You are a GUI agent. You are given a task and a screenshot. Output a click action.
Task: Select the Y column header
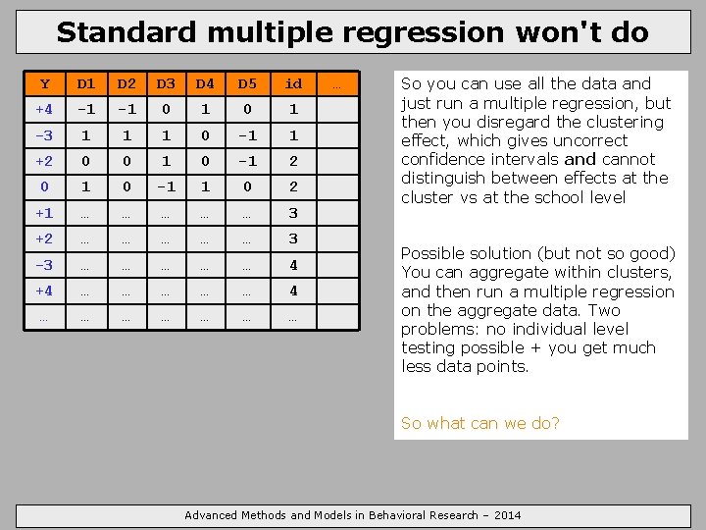43,84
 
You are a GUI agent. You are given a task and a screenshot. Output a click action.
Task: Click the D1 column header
86,84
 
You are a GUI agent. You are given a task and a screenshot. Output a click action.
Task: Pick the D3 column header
166,84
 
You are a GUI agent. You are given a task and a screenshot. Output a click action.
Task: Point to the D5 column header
246,84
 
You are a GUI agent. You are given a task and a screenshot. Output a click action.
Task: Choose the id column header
293,84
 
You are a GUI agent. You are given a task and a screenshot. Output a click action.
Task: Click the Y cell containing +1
43,213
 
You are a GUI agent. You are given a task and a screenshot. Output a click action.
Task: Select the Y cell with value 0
43,186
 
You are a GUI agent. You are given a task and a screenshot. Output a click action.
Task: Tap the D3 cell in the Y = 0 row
166,186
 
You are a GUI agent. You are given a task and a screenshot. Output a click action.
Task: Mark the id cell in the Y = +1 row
293,213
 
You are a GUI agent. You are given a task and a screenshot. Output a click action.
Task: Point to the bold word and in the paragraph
580,159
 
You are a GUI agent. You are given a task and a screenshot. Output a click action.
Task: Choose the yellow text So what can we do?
480,423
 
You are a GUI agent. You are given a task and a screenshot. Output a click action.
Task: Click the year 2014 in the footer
507,515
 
